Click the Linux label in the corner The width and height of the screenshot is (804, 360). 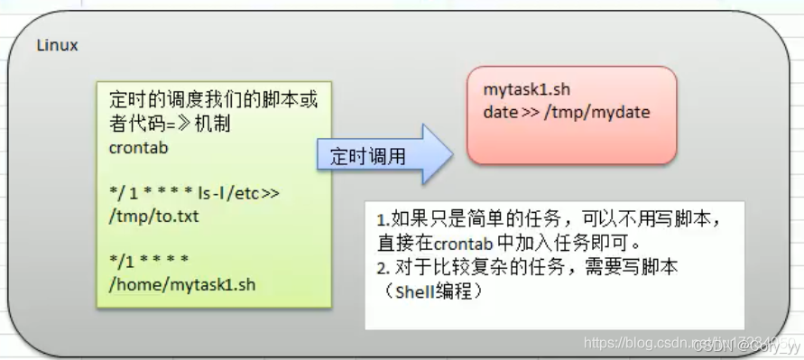coord(58,45)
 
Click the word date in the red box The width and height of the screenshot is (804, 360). coord(499,113)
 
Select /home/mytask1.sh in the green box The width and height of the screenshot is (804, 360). coord(181,285)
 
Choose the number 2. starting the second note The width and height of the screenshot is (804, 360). coord(383,268)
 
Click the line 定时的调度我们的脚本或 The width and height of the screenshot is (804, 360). coord(213,99)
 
